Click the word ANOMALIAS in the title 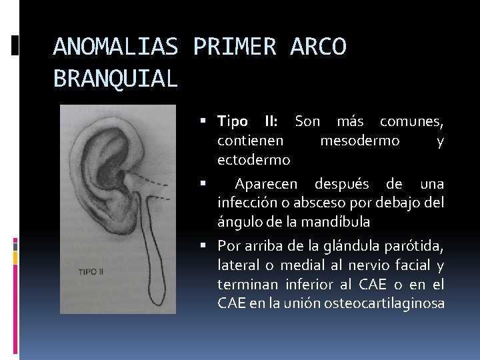[x=115, y=47]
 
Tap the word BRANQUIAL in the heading [x=115, y=79]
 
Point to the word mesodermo [x=360, y=141]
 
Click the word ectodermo [x=253, y=160]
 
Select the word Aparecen [x=267, y=183]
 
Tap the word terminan [x=249, y=285]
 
